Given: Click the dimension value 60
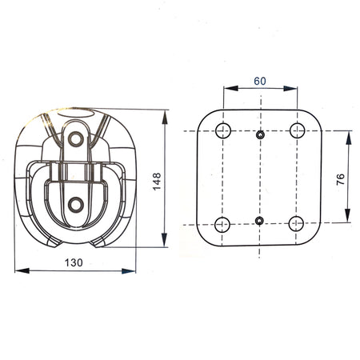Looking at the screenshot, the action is click(260, 81).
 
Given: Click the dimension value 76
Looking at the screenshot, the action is click(341, 179).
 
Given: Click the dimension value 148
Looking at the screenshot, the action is click(157, 182).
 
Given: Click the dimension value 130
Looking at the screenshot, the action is click(74, 262).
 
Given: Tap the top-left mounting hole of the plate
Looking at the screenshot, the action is click(223, 130).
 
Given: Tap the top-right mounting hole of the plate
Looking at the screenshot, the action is click(297, 130).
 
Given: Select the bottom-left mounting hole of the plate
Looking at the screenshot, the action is click(222, 224).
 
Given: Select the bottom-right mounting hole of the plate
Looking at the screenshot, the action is click(296, 224).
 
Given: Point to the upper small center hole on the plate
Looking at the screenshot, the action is click(260, 135).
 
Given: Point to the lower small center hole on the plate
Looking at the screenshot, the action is click(259, 221).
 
